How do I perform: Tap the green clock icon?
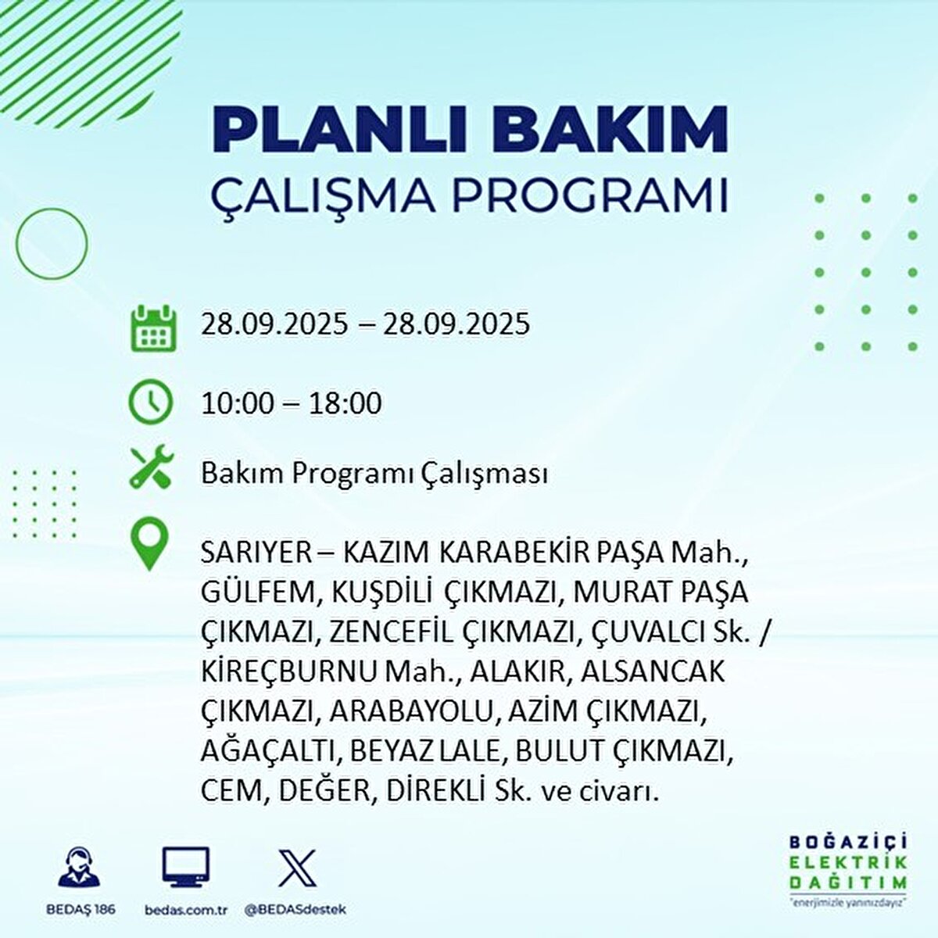tap(150, 403)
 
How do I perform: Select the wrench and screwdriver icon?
tap(152, 468)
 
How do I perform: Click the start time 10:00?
tap(238, 403)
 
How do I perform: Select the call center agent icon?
tap(80, 868)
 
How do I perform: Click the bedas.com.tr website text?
tap(186, 910)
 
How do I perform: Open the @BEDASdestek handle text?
tap(295, 910)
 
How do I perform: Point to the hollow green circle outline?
tap(52, 243)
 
